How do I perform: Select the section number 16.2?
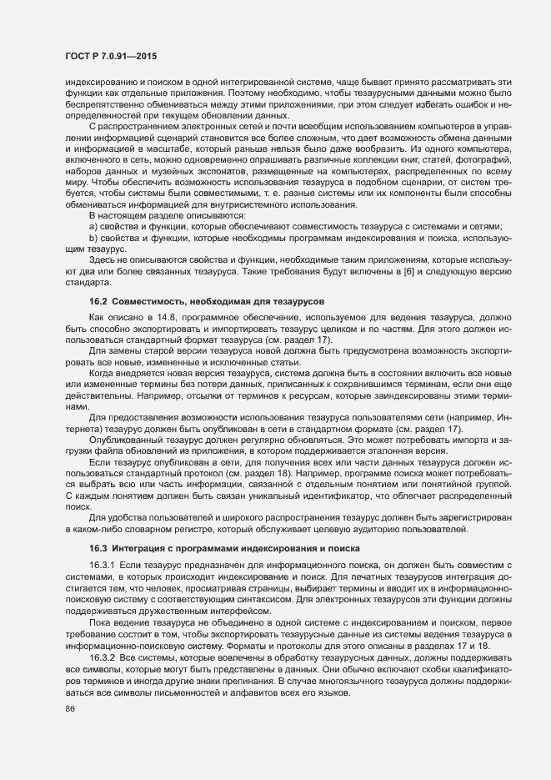point(98,299)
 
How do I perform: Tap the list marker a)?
point(93,226)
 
